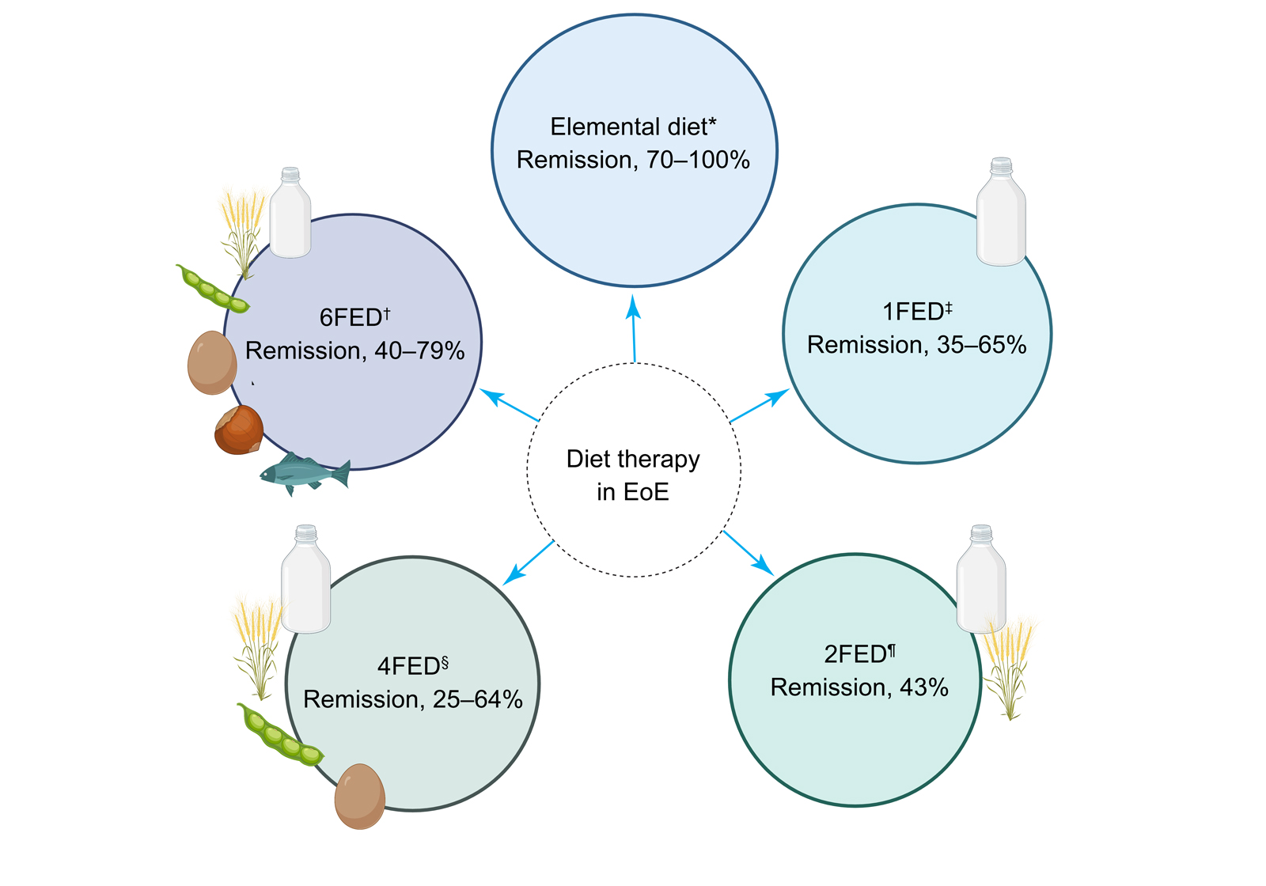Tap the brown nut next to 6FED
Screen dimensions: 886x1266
(x=239, y=430)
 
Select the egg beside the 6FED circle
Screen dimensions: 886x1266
(x=212, y=362)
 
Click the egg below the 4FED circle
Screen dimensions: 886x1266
(x=360, y=796)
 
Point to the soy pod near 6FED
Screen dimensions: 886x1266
(x=212, y=289)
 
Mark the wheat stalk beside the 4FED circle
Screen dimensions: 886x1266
(x=258, y=645)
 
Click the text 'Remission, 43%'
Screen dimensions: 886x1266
(x=859, y=687)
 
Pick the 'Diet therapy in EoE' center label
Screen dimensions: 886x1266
(x=633, y=475)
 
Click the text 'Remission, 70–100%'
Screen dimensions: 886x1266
(x=633, y=160)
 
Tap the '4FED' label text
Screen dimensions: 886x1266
(x=408, y=666)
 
